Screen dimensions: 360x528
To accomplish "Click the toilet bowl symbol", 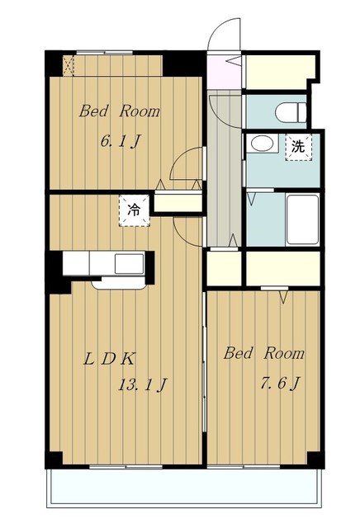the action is click(x=291, y=112).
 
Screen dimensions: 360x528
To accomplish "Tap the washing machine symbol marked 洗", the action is click(x=299, y=147).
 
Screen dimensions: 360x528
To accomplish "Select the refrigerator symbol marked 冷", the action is click(x=134, y=211).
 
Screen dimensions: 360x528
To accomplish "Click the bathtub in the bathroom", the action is click(x=302, y=219).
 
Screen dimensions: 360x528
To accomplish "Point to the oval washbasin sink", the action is click(x=262, y=144).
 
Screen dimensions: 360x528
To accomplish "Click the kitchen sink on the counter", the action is click(x=129, y=264).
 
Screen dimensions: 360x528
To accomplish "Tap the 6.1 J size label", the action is click(x=120, y=141).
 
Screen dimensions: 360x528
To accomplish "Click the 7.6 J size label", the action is click(x=280, y=383).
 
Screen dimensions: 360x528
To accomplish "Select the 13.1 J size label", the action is click(x=143, y=384).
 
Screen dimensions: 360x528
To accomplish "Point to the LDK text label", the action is click(x=109, y=359).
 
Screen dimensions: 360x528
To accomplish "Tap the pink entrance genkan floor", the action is click(x=224, y=73).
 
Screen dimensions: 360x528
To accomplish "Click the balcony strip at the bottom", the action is click(x=184, y=486).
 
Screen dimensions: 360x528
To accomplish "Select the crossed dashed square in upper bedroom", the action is click(x=69, y=66).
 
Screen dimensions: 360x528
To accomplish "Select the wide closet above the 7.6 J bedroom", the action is click(x=283, y=269).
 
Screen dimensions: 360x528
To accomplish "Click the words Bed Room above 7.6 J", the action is click(x=264, y=353).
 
